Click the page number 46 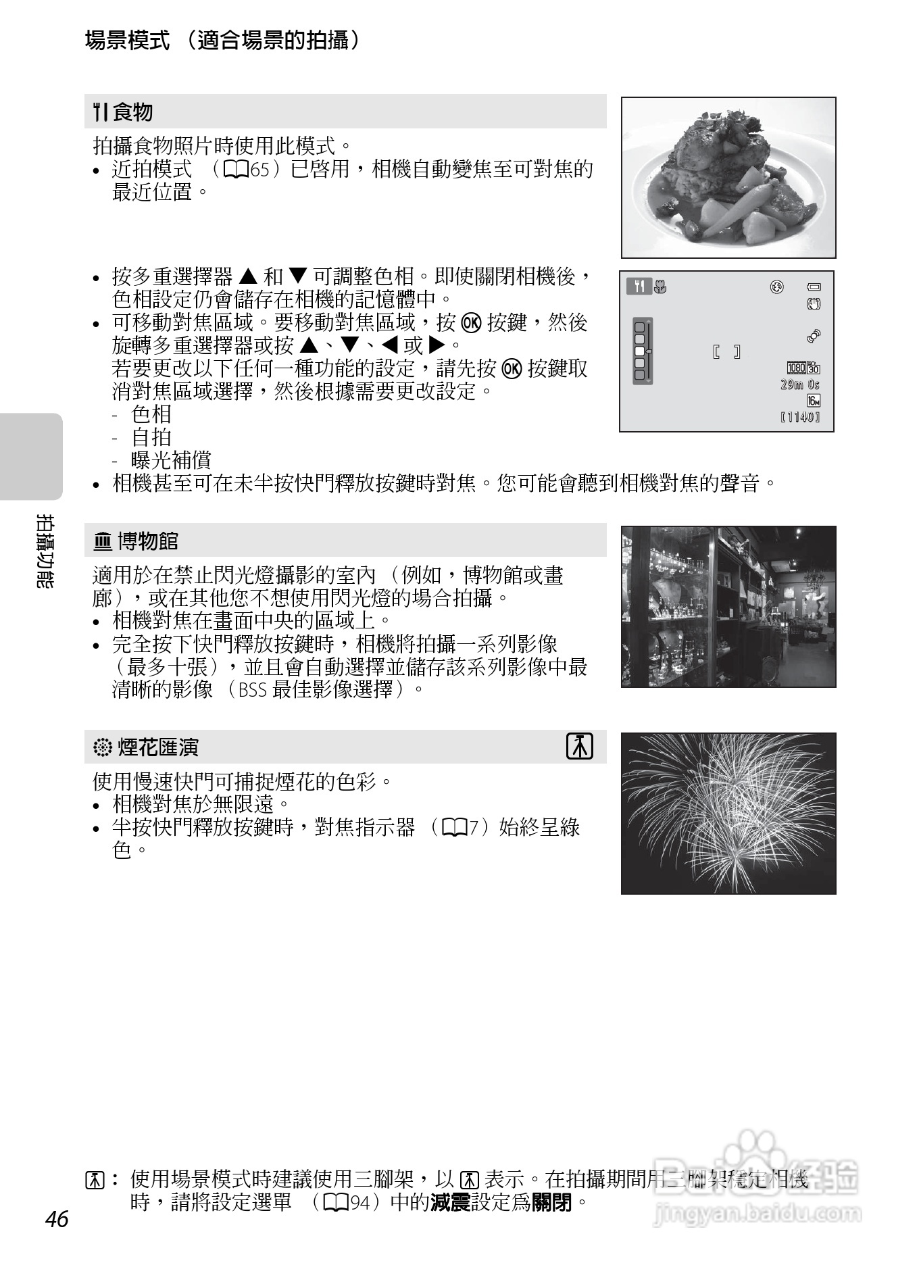pos(57,1218)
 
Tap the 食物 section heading pos(132,112)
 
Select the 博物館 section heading pos(147,541)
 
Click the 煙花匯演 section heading pos(158,747)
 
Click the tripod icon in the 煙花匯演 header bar pos(579,747)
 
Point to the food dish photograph pos(728,177)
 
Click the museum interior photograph pos(728,606)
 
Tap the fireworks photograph pos(728,813)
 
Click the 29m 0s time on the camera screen pos(799,385)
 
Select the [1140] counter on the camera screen pos(799,417)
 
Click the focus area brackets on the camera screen pos(726,351)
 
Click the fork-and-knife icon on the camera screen pos(639,287)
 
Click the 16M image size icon pos(813,401)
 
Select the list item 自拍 pos(151,437)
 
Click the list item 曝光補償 pos(171,460)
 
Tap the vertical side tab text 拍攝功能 pos(45,551)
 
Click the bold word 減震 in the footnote pos(450,1202)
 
